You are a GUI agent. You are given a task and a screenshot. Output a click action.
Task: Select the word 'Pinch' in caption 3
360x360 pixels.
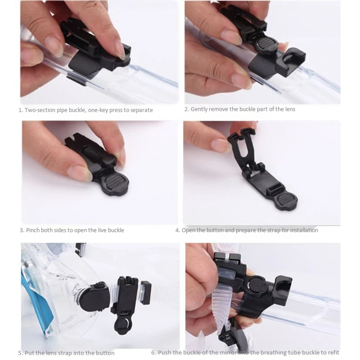(x=32, y=230)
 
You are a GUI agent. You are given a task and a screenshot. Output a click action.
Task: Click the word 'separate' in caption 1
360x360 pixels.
(x=141, y=110)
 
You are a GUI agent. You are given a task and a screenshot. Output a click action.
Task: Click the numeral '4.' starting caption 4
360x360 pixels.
(x=178, y=230)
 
